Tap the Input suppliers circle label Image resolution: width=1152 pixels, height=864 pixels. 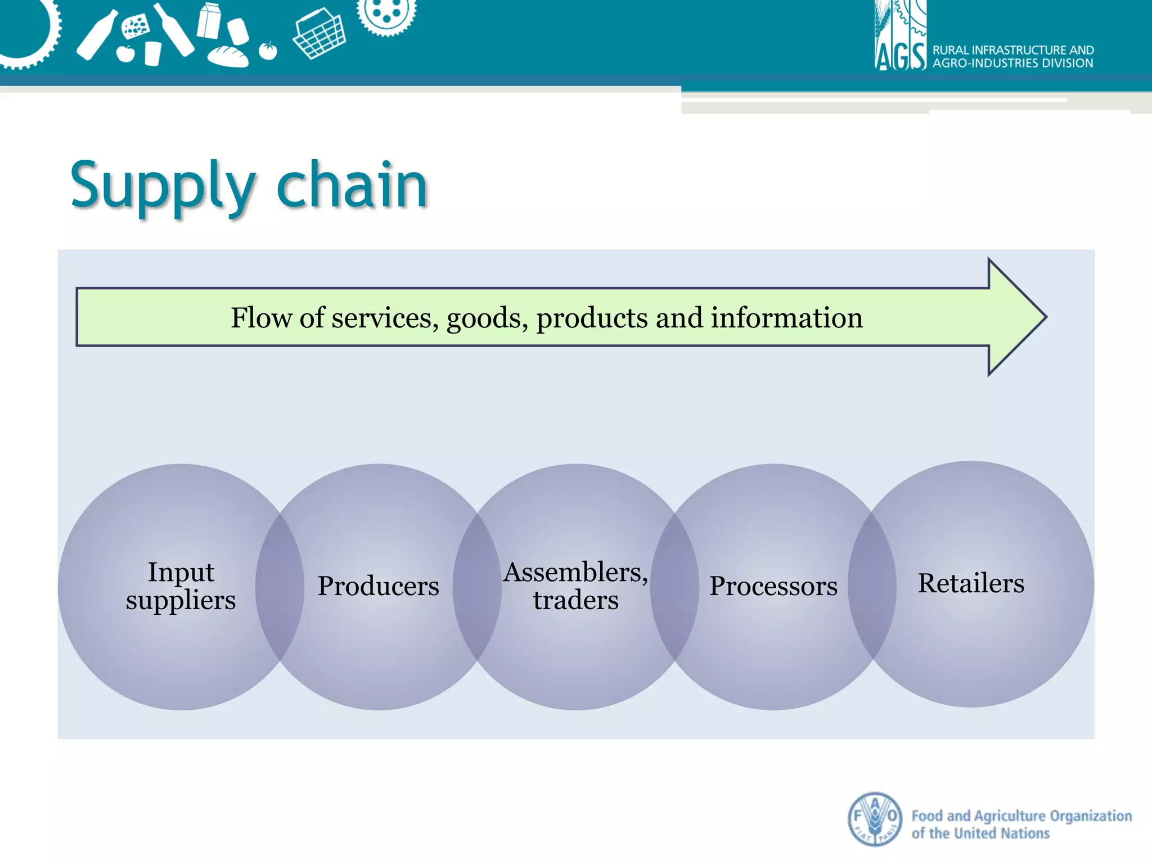tap(181, 586)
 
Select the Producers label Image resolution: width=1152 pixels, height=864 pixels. tap(378, 586)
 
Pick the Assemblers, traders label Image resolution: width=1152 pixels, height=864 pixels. tap(575, 586)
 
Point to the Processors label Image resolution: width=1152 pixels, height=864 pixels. tap(773, 586)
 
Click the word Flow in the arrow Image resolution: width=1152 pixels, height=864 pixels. tap(262, 318)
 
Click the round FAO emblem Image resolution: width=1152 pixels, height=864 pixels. tap(875, 819)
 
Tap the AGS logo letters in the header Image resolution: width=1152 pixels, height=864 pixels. tap(900, 56)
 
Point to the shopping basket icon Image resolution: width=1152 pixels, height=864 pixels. tap(319, 34)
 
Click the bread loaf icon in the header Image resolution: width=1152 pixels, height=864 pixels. tap(228, 56)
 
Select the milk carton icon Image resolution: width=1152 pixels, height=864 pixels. tap(209, 21)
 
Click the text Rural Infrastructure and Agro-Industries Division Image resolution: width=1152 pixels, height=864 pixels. tap(1012, 57)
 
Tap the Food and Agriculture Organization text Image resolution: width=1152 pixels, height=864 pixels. tap(1021, 824)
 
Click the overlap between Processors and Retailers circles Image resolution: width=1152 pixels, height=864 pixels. tap(872, 585)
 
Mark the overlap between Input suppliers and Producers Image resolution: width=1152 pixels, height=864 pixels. tap(280, 586)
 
